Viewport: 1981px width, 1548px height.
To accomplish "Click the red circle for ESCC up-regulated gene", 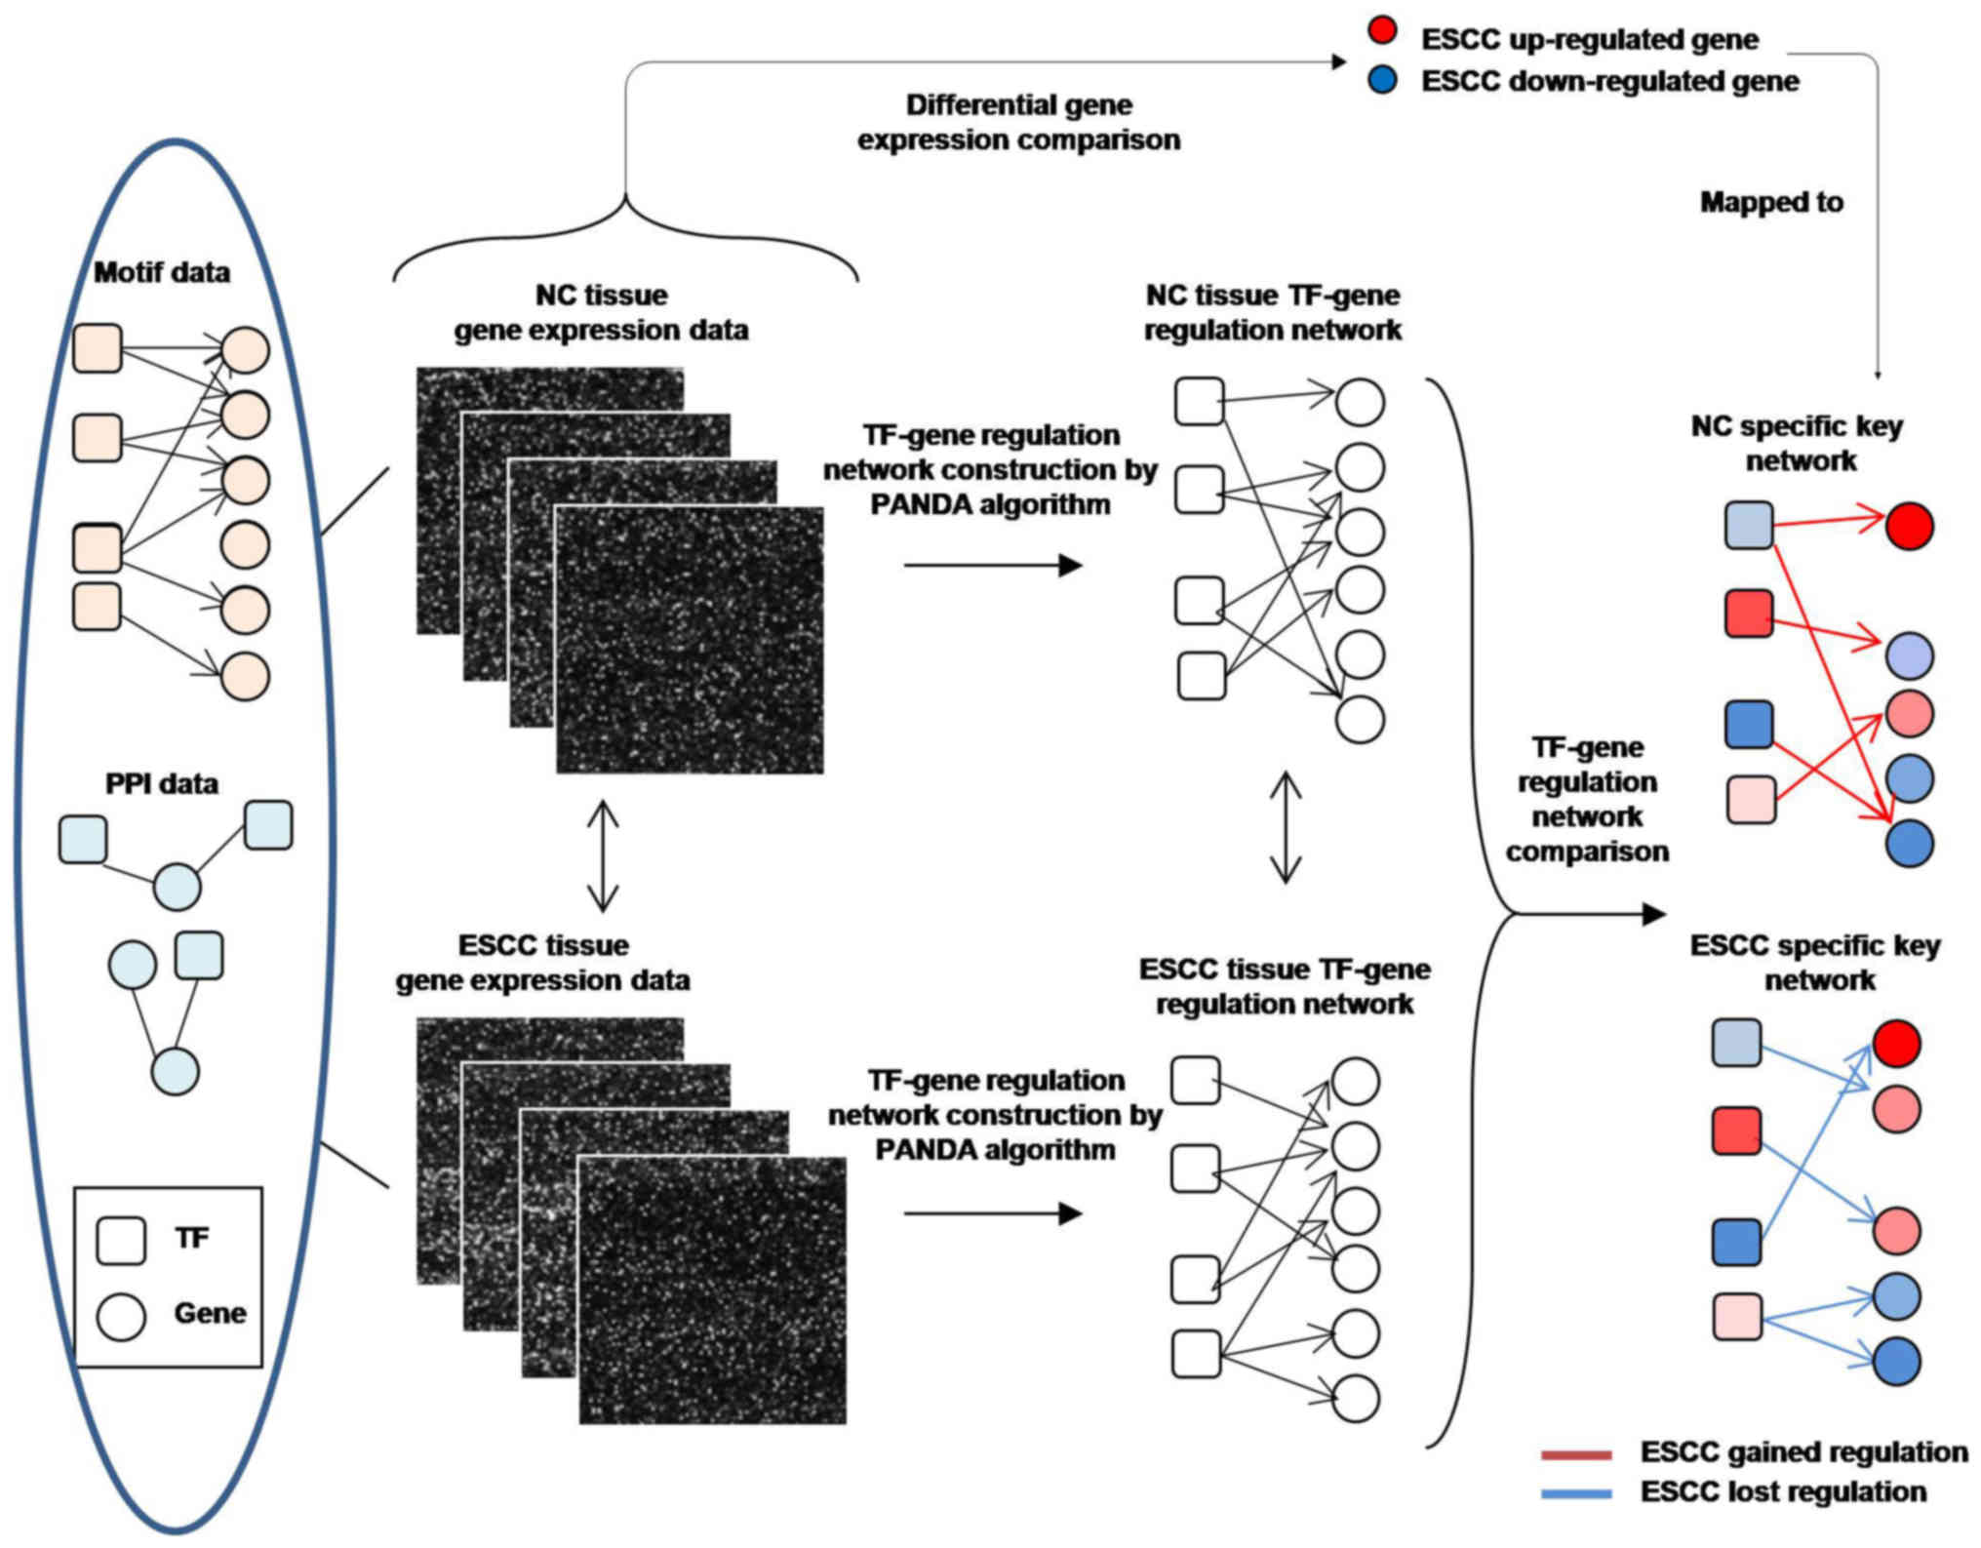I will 1382,31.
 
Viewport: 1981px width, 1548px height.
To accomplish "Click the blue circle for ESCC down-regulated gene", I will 1382,80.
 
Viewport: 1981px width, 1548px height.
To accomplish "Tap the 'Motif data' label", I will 162,272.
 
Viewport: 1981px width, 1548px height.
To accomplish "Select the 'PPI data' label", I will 162,783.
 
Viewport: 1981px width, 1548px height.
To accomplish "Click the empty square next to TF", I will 121,1240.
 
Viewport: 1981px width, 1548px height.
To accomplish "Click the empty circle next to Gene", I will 121,1316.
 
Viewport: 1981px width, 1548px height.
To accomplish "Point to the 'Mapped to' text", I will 1771,202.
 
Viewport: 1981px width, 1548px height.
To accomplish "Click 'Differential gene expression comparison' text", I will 1018,122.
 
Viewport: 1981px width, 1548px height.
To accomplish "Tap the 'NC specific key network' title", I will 1798,443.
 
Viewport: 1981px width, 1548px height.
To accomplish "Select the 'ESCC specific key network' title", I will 1815,962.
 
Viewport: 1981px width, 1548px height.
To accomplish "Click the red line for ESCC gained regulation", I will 1576,1455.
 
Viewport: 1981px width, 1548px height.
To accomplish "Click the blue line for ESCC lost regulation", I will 1576,1493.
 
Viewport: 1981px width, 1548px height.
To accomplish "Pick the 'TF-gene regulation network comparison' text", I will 1587,799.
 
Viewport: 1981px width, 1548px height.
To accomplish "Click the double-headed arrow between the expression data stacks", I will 603,855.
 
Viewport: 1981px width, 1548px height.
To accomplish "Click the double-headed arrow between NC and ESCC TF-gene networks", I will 1286,827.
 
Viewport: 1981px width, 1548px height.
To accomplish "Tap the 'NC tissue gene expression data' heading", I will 601,312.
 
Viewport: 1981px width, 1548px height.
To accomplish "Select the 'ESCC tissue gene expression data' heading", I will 543,962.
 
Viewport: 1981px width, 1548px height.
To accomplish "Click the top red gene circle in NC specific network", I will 1909,527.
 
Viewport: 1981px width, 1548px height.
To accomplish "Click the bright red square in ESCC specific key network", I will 1736,1131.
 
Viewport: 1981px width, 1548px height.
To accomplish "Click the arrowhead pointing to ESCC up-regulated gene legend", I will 1339,61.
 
